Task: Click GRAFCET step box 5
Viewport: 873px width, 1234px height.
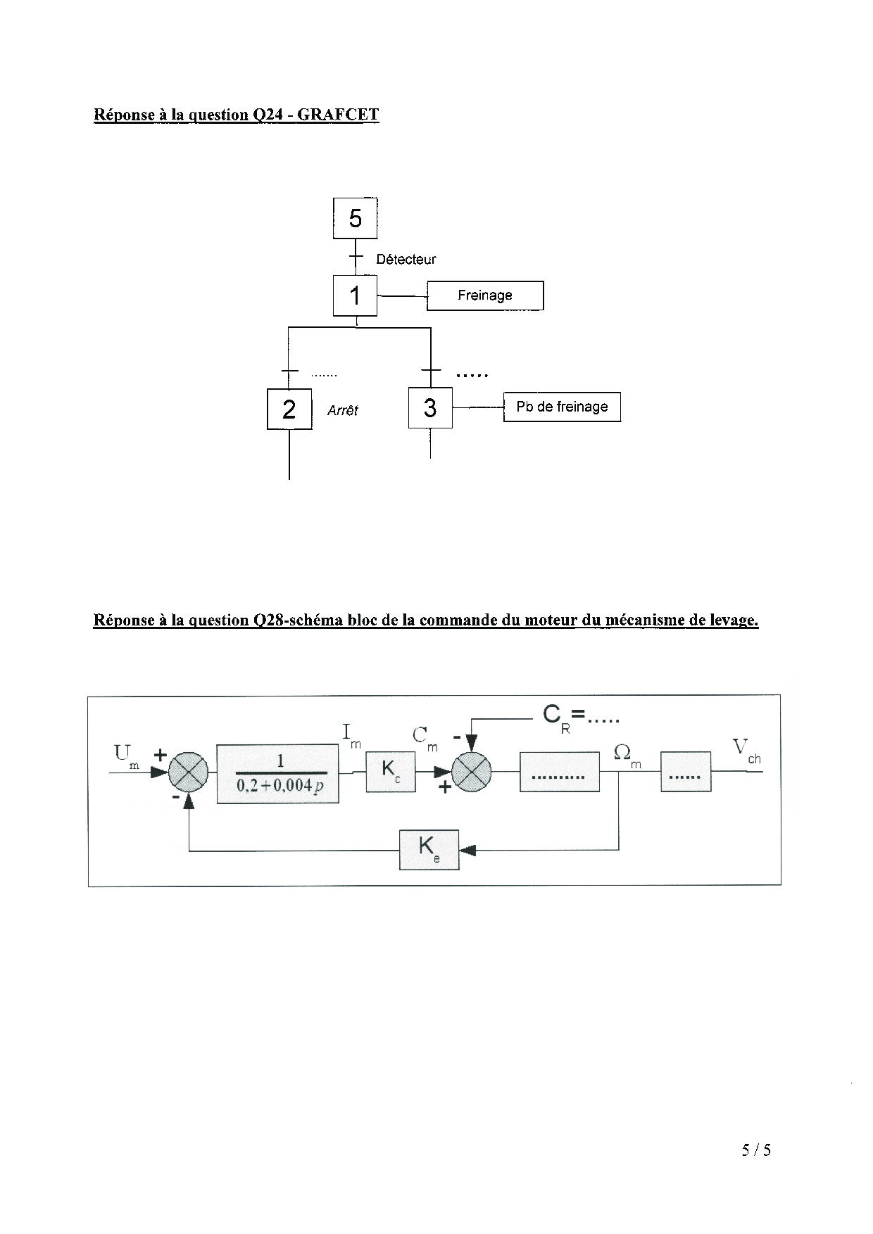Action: tap(355, 218)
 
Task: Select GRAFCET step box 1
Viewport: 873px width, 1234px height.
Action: tap(355, 295)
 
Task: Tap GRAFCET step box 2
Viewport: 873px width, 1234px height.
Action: tap(289, 409)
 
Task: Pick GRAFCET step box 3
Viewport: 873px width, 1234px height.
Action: tap(430, 407)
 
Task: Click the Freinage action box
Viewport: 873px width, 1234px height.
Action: tap(485, 295)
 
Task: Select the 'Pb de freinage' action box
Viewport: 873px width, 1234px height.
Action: tap(562, 407)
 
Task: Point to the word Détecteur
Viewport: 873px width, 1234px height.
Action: tap(406, 259)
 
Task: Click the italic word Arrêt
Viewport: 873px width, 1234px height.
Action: tap(343, 410)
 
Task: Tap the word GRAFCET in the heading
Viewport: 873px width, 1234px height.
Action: tap(338, 115)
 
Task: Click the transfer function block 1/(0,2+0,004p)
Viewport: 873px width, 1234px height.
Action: tap(278, 773)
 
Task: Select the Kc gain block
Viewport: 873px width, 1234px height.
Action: tap(391, 772)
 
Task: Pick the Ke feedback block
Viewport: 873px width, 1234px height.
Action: tap(429, 849)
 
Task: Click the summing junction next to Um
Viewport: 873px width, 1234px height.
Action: tap(189, 772)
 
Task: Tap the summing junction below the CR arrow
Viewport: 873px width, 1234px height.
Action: tap(472, 772)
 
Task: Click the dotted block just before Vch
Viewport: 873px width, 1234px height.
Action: tap(685, 772)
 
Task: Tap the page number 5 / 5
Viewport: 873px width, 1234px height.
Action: tap(756, 1150)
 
